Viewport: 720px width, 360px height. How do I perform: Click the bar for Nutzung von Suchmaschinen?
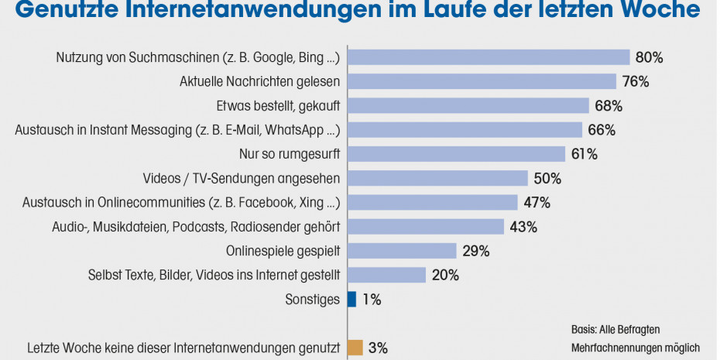(488, 57)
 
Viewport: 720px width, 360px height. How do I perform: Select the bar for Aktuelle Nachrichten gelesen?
(481, 81)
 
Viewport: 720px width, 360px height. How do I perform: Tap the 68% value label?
(609, 105)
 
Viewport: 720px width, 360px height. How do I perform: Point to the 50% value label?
(547, 178)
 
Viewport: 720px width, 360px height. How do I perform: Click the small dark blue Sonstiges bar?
(351, 299)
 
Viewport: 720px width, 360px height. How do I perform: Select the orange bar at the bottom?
(355, 347)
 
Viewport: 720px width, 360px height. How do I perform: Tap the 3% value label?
(378, 348)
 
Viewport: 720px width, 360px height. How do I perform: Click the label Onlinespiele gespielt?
(283, 251)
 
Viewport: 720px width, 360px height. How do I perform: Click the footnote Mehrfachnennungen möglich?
(635, 348)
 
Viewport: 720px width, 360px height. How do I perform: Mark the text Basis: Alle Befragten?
(615, 329)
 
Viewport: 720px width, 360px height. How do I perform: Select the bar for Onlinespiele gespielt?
(401, 251)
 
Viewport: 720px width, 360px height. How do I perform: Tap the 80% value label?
(650, 57)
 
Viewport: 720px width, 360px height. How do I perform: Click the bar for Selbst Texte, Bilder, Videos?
(386, 275)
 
